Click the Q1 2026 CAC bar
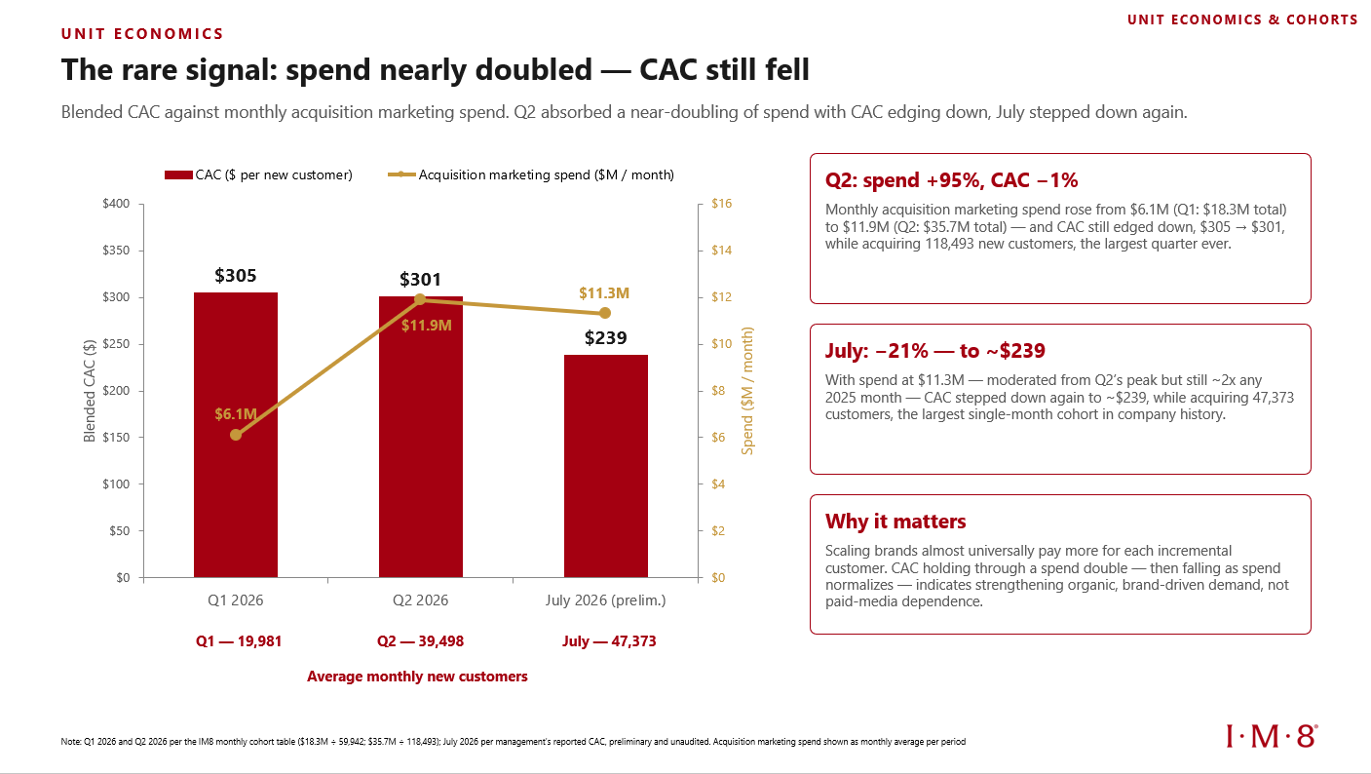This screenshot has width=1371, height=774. click(236, 435)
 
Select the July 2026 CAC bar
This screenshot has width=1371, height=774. click(606, 466)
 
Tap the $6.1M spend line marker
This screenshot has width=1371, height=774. click(236, 435)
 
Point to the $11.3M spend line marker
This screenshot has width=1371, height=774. click(605, 313)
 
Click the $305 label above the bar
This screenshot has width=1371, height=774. click(236, 276)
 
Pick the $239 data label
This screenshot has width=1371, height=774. click(606, 338)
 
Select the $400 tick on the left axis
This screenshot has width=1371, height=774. click(116, 204)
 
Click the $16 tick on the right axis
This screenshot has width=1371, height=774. click(722, 204)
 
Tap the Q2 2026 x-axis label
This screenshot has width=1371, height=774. click(421, 600)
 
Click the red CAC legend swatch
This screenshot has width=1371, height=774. click(178, 175)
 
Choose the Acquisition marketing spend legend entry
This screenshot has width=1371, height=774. click(531, 175)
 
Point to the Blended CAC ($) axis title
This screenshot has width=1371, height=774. click(90, 391)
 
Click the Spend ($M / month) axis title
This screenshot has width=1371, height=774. click(747, 391)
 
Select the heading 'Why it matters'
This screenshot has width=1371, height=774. click(895, 522)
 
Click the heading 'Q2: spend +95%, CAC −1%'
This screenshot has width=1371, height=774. click(951, 180)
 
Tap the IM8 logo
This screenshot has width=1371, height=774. click(1272, 736)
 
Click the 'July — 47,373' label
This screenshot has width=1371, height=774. click(609, 641)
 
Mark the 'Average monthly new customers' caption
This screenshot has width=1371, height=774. click(417, 677)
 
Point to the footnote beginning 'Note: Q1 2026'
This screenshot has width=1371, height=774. click(513, 742)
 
